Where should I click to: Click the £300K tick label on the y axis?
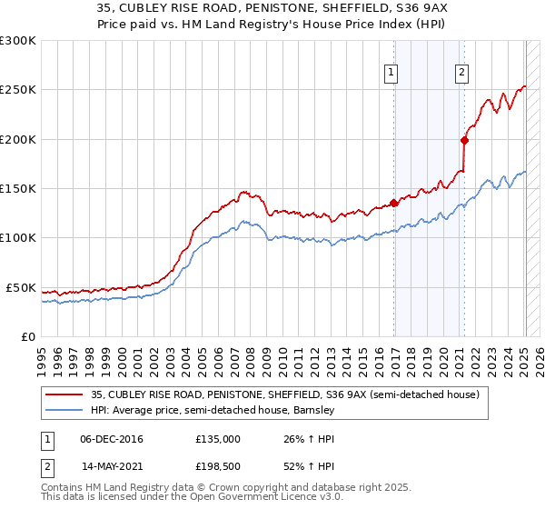(x=18, y=41)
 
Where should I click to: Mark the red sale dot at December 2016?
(x=394, y=203)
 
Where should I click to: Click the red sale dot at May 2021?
(x=464, y=140)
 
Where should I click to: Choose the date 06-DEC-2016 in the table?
(x=112, y=439)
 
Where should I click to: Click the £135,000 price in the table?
(x=218, y=439)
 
